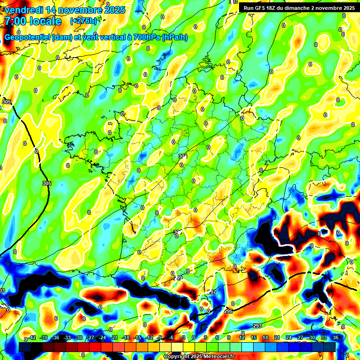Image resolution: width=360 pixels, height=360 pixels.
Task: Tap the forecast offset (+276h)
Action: pos(83,21)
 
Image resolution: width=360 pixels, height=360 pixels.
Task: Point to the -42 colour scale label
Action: pos(32,337)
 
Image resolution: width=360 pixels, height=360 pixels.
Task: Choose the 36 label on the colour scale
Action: pos(336,337)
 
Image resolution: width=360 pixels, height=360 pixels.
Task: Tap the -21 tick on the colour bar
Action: pos(114,337)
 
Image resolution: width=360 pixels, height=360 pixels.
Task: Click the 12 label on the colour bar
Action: pos(242,337)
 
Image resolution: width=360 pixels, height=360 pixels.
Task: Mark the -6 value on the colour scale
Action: pos(172,337)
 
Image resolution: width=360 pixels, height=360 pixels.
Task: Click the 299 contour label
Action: pos(178,278)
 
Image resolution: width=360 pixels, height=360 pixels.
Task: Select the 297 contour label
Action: pos(212,292)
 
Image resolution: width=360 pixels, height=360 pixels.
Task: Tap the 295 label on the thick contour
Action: pos(228,311)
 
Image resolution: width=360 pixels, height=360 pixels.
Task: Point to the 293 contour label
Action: pos(257,326)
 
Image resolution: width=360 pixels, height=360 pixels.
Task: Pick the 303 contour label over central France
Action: pos(182,156)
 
